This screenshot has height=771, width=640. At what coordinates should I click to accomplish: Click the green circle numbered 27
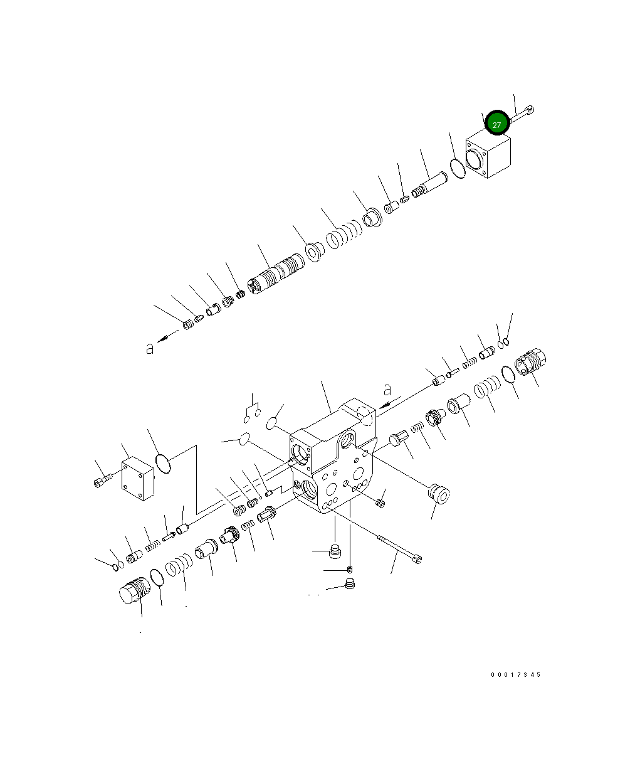[497, 123]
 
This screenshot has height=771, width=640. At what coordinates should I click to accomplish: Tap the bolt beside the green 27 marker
[522, 114]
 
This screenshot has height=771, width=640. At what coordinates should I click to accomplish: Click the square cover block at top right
[488, 154]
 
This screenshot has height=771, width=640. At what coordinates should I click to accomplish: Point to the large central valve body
[333, 457]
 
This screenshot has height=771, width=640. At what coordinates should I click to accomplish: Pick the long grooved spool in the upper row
[276, 274]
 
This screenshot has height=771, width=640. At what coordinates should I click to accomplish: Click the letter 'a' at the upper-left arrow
[149, 348]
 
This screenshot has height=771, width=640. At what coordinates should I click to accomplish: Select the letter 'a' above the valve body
[387, 390]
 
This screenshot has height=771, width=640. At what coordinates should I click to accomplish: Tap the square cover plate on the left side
[138, 478]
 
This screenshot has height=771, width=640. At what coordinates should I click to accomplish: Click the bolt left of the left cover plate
[102, 481]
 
